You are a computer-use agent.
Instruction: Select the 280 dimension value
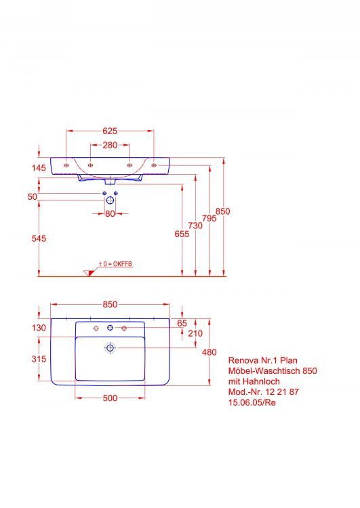point(111,146)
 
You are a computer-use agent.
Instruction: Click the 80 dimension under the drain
point(110,214)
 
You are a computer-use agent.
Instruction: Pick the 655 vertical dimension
point(182,234)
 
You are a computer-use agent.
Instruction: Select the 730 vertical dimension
point(195,226)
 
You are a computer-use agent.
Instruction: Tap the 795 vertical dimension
point(209,218)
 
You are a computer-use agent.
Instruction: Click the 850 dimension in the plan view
point(110,305)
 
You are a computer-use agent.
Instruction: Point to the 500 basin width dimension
point(109,398)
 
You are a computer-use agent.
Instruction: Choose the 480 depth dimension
point(209,352)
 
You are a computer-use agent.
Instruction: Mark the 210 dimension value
point(196,333)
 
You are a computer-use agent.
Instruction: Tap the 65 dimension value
point(182,324)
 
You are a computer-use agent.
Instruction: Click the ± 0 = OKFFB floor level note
point(115,263)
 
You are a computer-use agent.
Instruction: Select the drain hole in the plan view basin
point(110,348)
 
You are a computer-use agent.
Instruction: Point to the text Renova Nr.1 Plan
point(262,360)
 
